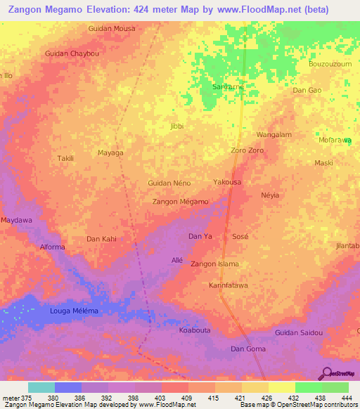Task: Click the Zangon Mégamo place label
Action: click(x=180, y=202)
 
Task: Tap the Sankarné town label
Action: click(x=228, y=86)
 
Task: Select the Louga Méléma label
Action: click(x=74, y=311)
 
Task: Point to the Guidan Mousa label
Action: click(x=111, y=28)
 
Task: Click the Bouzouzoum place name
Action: click(x=330, y=63)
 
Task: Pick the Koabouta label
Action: click(x=195, y=330)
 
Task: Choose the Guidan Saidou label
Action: click(x=299, y=332)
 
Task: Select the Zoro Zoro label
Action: click(x=247, y=150)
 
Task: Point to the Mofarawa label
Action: click(x=335, y=140)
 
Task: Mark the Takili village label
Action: click(x=65, y=159)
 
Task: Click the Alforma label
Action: click(x=52, y=247)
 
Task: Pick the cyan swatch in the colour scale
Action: click(x=41, y=387)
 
